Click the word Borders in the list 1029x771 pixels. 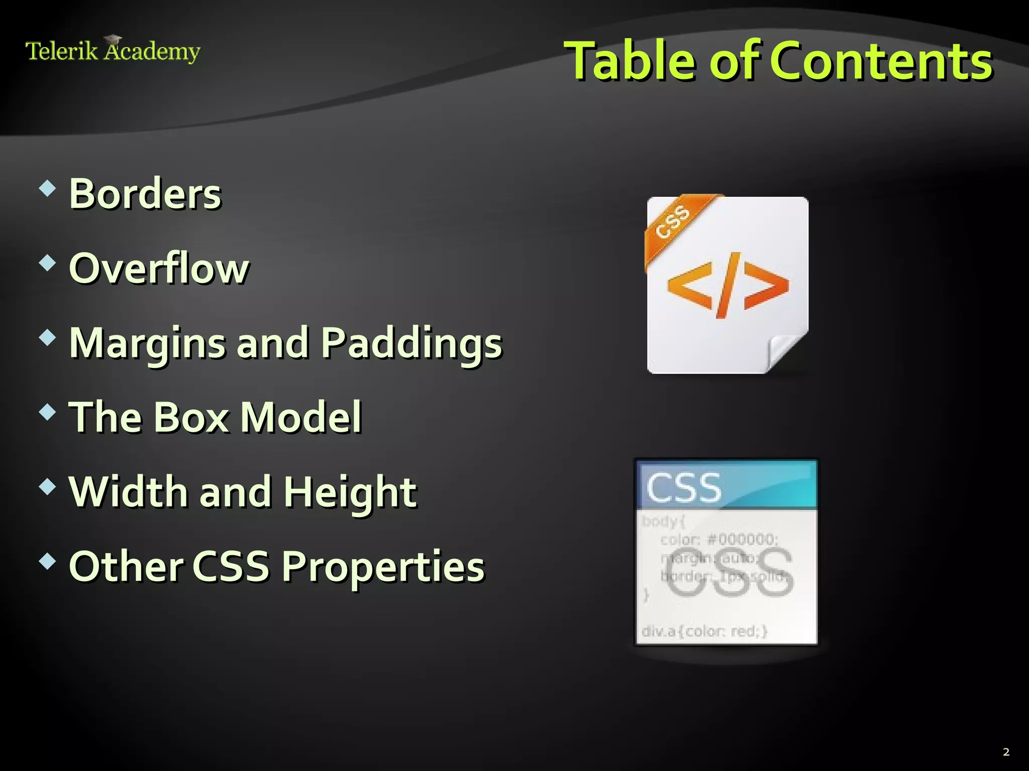pyautogui.click(x=145, y=194)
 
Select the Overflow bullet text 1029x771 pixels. pyautogui.click(x=159, y=268)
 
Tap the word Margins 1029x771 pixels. pyautogui.click(x=147, y=343)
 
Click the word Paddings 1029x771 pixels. pyautogui.click(x=411, y=343)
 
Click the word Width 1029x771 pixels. pyautogui.click(x=128, y=491)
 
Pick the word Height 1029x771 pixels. pyautogui.click(x=350, y=492)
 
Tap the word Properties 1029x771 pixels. pyautogui.click(x=383, y=567)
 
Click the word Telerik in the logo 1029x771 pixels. pyautogui.click(x=61, y=51)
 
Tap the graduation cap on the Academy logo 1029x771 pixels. pyautogui.click(x=114, y=39)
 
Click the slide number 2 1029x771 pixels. pyautogui.click(x=1006, y=751)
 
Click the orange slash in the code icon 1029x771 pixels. pyautogui.click(x=728, y=285)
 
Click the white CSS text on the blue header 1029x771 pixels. pyautogui.click(x=684, y=487)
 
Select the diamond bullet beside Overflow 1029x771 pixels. pyautogui.click(x=47, y=263)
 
